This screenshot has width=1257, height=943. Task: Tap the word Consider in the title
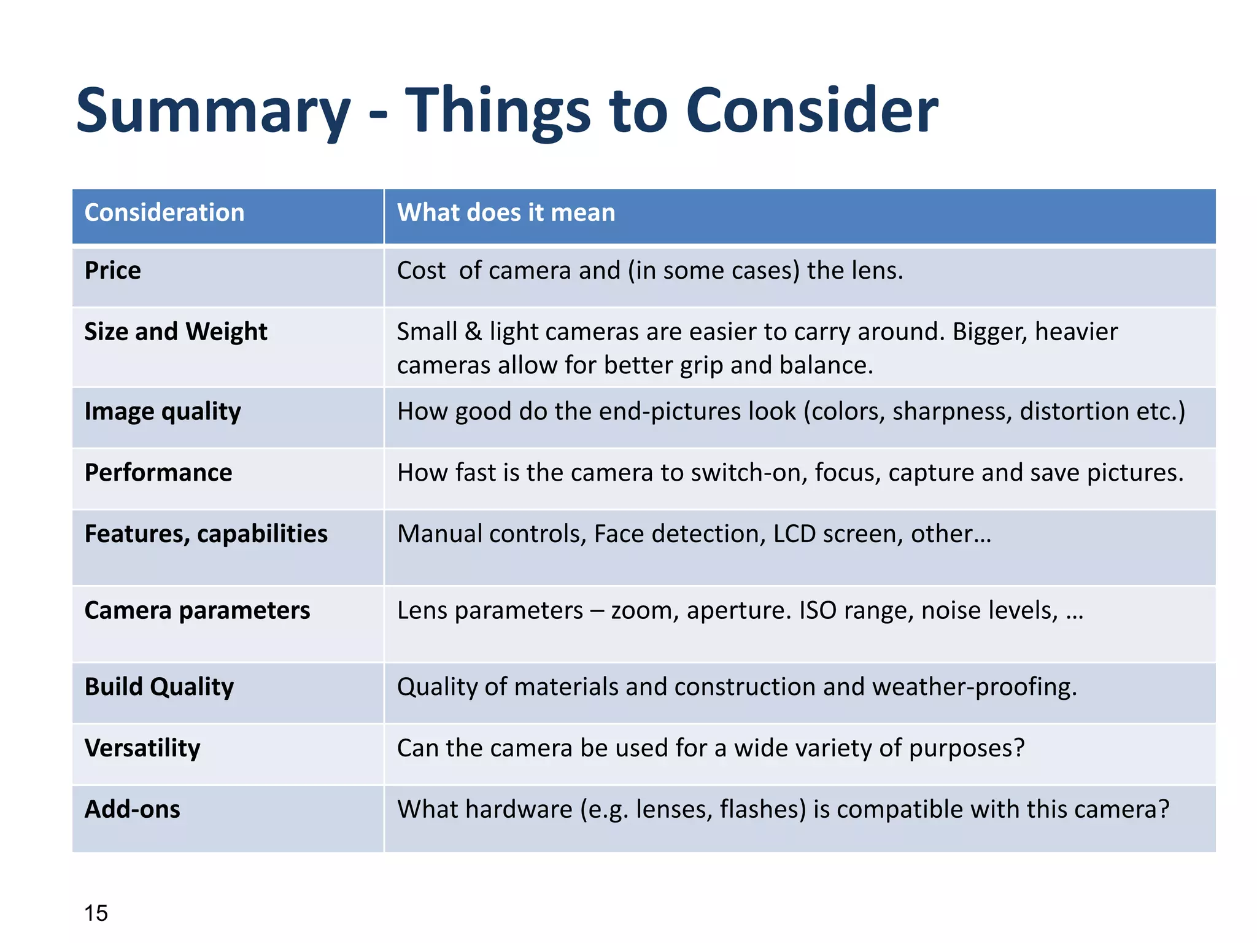click(x=811, y=111)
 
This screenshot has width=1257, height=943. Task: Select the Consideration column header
click(x=164, y=213)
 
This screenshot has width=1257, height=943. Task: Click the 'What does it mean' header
click(x=506, y=213)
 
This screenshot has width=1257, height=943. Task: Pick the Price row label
click(x=113, y=271)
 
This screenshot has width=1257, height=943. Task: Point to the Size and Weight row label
click(x=176, y=332)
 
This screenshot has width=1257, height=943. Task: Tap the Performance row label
click(x=158, y=473)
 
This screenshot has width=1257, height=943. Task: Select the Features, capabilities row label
click(x=206, y=534)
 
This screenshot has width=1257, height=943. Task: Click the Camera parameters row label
click(x=198, y=611)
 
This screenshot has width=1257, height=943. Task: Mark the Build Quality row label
click(x=160, y=687)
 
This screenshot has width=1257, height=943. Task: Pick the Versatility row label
click(x=142, y=748)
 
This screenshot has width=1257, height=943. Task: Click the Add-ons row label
click(x=133, y=810)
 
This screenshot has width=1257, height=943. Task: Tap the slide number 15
click(x=96, y=914)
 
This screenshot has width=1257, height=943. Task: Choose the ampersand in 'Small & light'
click(x=473, y=332)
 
